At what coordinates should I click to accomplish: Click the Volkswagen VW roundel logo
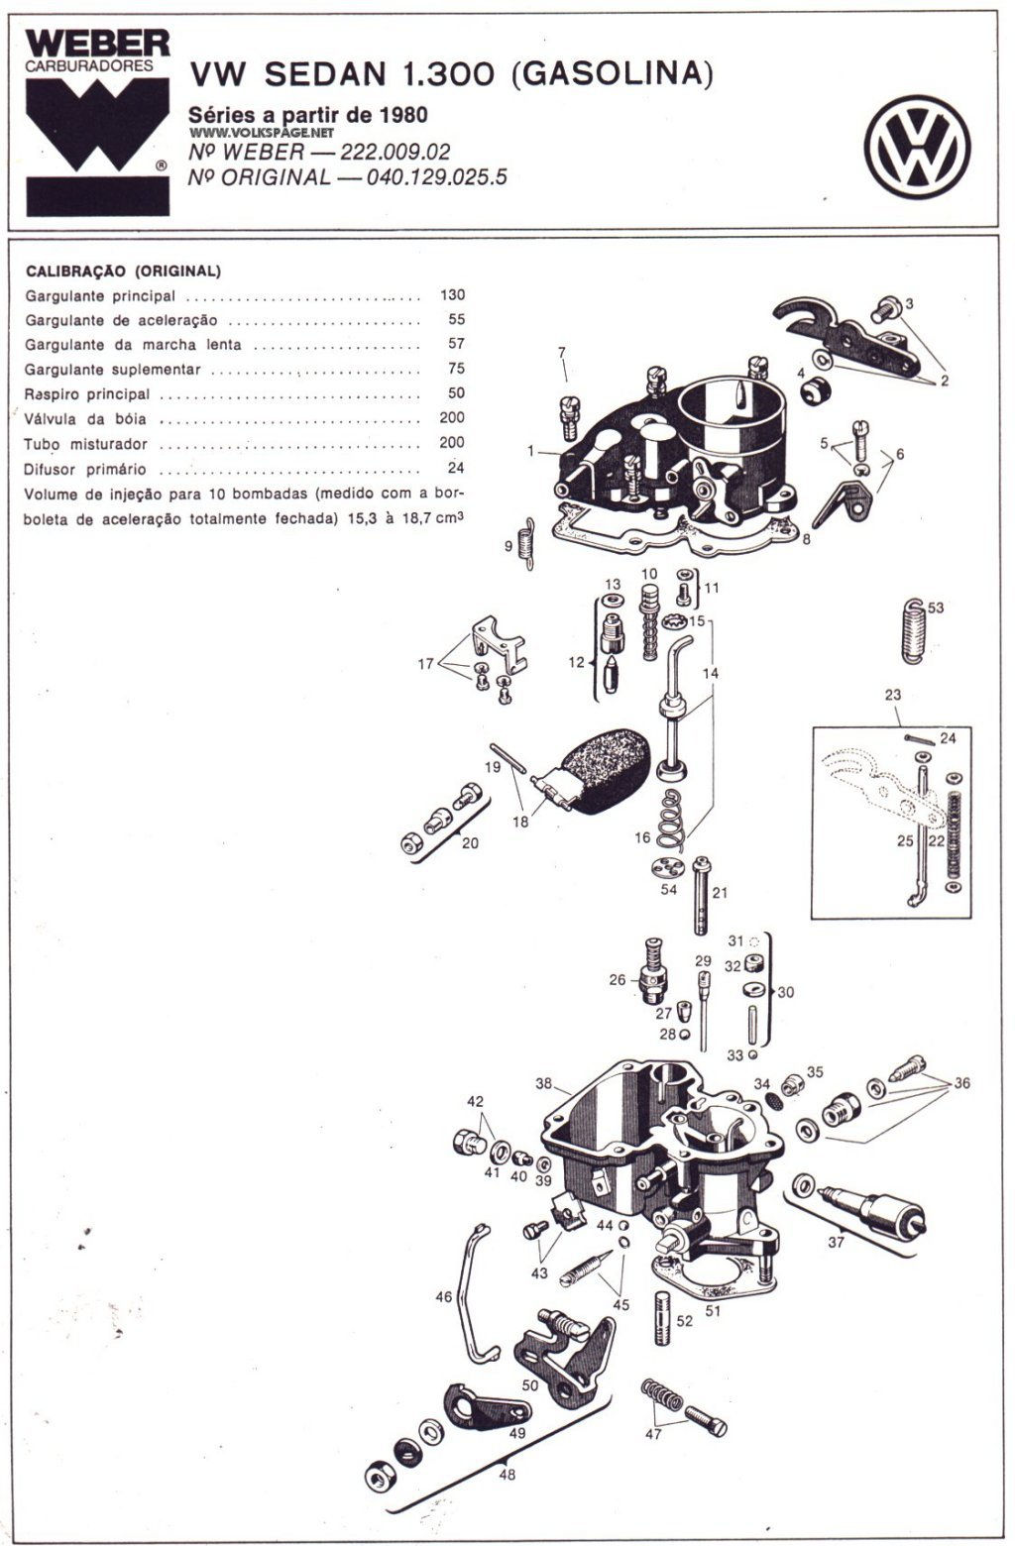click(x=917, y=147)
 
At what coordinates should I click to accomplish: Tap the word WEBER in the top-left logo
click(x=97, y=45)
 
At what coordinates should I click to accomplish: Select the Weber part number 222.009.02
click(x=395, y=152)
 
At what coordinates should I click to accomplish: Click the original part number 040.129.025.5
click(x=436, y=177)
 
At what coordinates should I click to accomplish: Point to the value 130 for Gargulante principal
click(x=452, y=294)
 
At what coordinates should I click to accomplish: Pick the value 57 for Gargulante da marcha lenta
click(x=456, y=344)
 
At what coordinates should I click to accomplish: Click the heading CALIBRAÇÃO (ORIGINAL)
click(x=123, y=272)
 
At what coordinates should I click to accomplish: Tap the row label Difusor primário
click(x=85, y=470)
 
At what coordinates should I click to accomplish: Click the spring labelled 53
click(x=914, y=631)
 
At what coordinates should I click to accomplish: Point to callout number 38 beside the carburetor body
click(x=544, y=1083)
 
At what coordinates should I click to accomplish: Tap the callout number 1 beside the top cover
click(x=530, y=451)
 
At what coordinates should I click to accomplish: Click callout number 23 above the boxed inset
click(x=893, y=695)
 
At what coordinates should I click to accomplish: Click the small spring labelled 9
click(x=529, y=543)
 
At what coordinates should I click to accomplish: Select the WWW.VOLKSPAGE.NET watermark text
click(x=262, y=133)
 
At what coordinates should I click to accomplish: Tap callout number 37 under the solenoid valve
click(x=836, y=1243)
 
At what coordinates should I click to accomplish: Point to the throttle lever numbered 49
click(x=488, y=1406)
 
